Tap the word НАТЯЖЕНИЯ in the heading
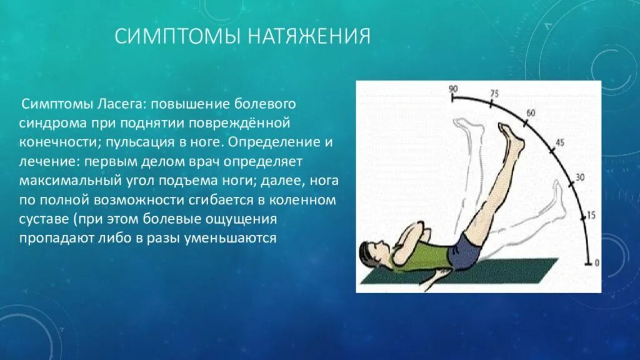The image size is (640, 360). (x=309, y=36)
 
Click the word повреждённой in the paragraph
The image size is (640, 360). (x=239, y=123)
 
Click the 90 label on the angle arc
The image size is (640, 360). (x=453, y=89)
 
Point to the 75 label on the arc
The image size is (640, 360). (x=494, y=94)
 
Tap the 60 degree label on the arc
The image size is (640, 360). (x=531, y=112)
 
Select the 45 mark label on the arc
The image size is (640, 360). (x=560, y=142)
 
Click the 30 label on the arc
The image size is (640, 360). (x=579, y=177)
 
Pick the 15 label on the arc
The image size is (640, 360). (x=591, y=215)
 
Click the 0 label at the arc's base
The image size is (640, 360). (x=597, y=263)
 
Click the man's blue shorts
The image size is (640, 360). (x=465, y=252)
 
